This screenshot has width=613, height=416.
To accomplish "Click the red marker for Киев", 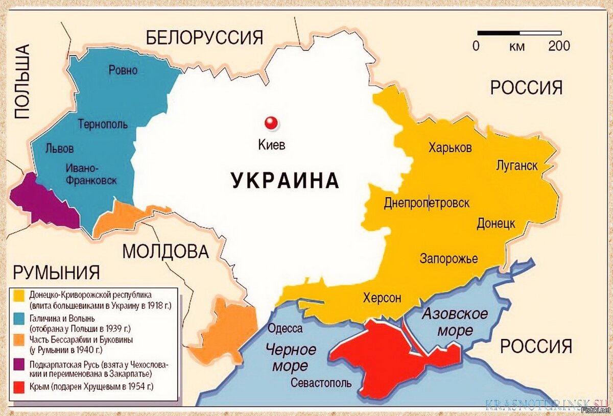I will [271, 123].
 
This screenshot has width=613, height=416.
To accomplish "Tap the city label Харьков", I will [450, 148].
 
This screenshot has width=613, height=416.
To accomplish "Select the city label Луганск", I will [516, 165].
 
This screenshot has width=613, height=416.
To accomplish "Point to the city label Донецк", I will [496, 224].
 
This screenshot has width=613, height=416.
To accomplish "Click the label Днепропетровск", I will [427, 203].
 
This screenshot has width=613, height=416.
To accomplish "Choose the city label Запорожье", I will [449, 259].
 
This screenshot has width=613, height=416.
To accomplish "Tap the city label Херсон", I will [382, 298].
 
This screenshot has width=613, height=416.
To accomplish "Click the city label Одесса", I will [285, 329].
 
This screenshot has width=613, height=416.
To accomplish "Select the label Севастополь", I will [321, 383].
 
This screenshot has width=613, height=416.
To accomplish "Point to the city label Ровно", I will [123, 70].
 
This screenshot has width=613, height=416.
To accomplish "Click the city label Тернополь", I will [103, 124].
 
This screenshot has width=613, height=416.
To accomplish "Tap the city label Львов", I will [59, 149].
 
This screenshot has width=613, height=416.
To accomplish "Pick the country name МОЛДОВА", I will [166, 251].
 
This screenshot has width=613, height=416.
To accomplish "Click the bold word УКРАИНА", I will [285, 181].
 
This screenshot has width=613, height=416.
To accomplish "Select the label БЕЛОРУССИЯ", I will [204, 38].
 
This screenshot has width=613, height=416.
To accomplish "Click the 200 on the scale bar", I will [559, 46].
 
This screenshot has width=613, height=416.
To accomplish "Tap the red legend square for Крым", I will [19, 387].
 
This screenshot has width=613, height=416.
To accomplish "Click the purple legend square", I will [19, 365].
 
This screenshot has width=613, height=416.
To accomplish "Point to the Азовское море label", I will [454, 322].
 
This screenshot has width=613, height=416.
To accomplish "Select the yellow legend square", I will [19, 295].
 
